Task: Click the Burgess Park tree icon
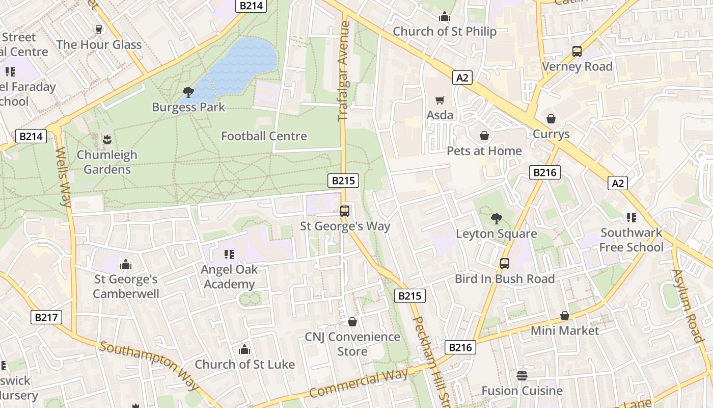tap(188, 92)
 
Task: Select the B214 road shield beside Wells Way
tap(32, 136)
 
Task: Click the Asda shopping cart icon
tap(440, 100)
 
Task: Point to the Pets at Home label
tap(484, 151)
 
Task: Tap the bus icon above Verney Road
tap(577, 52)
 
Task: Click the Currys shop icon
tap(551, 119)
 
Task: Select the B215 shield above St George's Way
tap(343, 180)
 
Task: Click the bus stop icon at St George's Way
tap(345, 211)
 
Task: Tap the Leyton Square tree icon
tap(496, 219)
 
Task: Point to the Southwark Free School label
tap(631, 240)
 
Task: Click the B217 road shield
tap(46, 317)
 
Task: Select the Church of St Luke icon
tap(244, 349)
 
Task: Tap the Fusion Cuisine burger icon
tap(522, 376)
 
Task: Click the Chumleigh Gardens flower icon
tap(106, 139)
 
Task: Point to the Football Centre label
tap(264, 136)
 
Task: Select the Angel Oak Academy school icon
tap(229, 254)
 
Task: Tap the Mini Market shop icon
tap(565, 316)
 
